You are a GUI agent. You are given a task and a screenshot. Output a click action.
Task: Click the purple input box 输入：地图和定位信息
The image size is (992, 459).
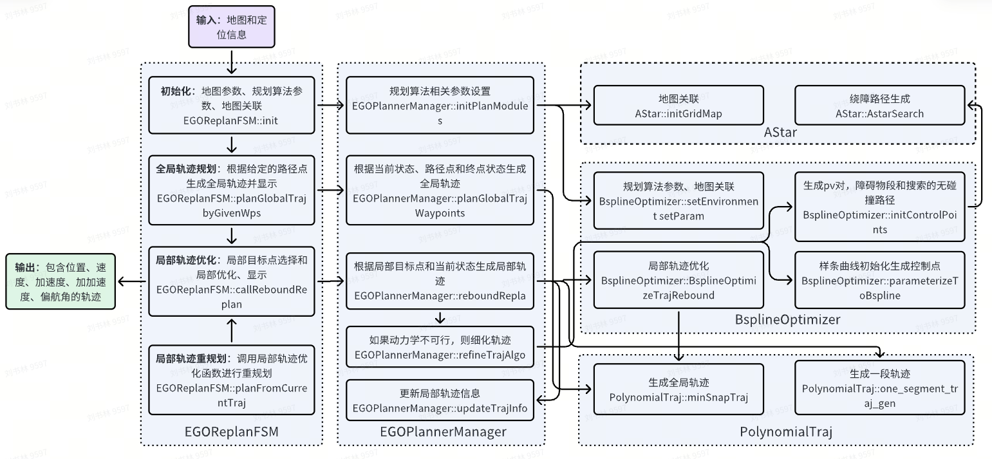(x=231, y=27)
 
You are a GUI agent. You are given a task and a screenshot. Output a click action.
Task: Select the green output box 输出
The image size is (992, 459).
(x=61, y=281)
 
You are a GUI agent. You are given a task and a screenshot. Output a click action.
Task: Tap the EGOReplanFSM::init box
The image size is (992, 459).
(x=231, y=105)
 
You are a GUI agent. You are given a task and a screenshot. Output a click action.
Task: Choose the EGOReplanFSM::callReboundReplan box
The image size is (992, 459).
(x=231, y=281)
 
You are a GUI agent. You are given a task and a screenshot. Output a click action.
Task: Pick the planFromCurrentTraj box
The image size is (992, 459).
(x=231, y=380)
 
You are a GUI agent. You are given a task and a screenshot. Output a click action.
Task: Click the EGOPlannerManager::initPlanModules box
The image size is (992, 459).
(x=440, y=105)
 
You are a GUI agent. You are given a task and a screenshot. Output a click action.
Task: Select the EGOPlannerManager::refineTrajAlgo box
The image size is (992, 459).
(x=440, y=346)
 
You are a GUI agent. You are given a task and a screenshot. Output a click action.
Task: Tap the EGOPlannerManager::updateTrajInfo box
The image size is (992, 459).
(x=440, y=400)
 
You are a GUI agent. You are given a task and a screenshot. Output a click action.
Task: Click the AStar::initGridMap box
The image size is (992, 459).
(x=678, y=105)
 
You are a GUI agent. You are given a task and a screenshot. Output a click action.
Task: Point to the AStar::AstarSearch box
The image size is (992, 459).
(x=879, y=105)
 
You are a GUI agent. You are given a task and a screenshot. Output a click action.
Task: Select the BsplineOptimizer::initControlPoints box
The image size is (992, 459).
(x=879, y=207)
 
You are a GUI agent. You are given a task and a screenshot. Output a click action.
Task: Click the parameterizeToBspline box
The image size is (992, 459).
(x=879, y=280)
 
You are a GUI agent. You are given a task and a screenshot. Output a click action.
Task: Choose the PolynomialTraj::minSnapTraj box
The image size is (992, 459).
(x=678, y=388)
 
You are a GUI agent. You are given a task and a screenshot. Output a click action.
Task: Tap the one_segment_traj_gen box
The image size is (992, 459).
(x=879, y=388)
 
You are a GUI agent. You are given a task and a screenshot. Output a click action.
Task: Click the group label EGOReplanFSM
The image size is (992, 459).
(x=231, y=432)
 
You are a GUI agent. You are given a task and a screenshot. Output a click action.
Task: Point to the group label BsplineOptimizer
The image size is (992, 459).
(x=787, y=319)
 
